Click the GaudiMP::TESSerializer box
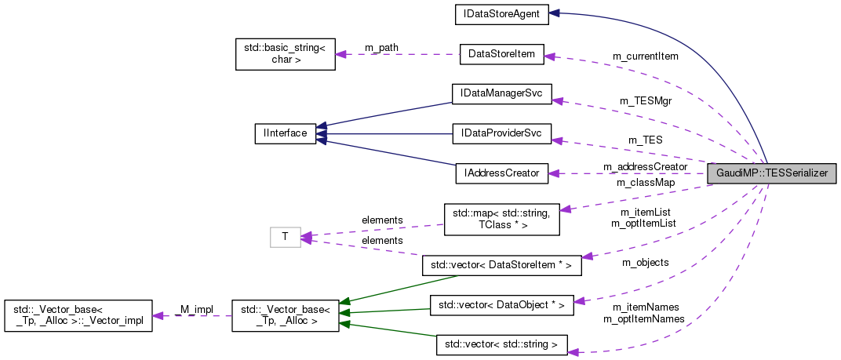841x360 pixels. (772, 174)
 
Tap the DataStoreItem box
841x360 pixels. (501, 54)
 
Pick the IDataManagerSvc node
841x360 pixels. (501, 93)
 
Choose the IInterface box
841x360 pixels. (285, 133)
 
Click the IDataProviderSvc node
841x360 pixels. (501, 133)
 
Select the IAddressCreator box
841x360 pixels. (501, 173)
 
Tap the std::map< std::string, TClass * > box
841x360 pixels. (501, 220)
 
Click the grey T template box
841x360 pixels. (285, 236)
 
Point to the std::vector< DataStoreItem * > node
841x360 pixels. (501, 266)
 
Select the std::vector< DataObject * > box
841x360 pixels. (501, 305)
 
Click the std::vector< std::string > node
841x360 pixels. (501, 344)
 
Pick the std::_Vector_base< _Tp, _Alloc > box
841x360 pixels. (285, 315)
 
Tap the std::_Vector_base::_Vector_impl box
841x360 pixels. (77, 315)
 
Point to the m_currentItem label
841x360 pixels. (645, 56)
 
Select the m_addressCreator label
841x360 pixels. (645, 166)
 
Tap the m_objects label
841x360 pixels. (645, 262)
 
